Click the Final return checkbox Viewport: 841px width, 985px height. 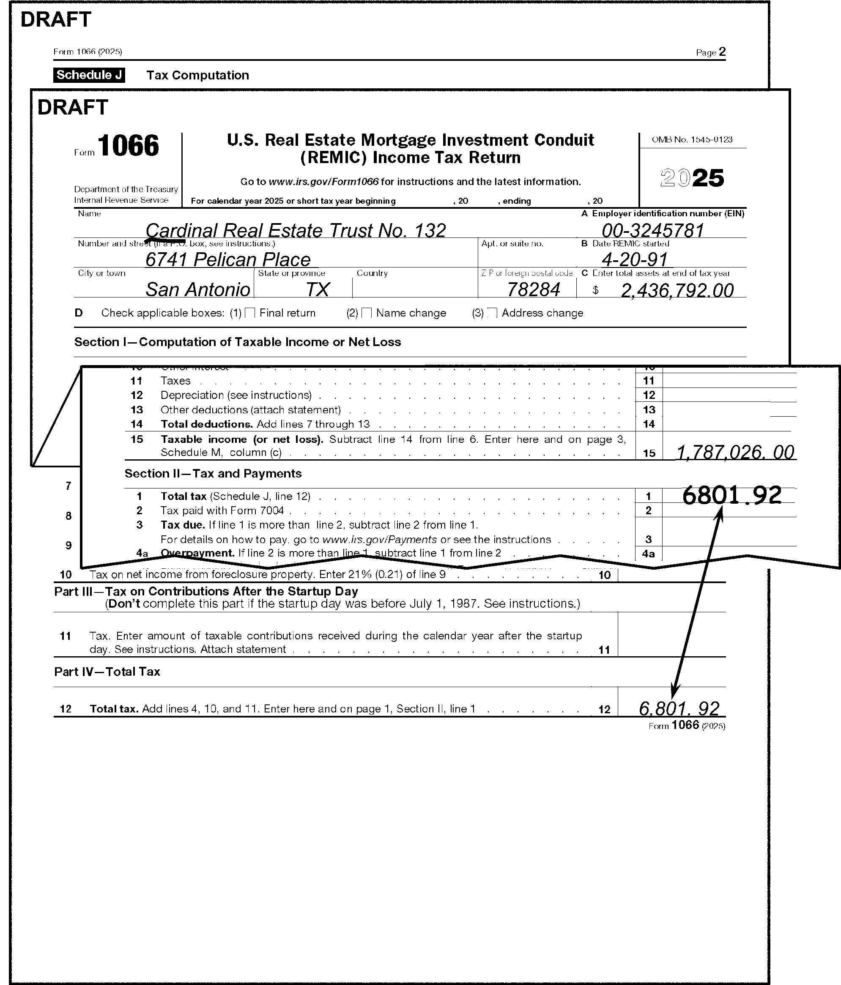pos(250,313)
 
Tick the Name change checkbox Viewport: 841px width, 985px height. pos(366,313)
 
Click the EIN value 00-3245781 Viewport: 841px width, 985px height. pos(653,231)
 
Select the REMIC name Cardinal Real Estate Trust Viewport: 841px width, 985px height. pos(296,231)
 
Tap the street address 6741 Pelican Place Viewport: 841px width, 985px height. pos(228,259)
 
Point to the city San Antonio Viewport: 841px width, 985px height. pos(197,289)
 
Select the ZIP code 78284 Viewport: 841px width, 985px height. pos(533,289)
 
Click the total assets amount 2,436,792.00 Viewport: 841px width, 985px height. pos(677,290)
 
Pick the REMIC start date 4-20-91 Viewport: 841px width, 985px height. pos(635,259)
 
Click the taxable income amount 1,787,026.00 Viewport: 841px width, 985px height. pos(735,452)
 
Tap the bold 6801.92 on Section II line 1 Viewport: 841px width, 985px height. pos(731,495)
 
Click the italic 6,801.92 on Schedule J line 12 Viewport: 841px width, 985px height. pos(679,708)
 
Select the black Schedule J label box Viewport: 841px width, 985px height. pos(89,75)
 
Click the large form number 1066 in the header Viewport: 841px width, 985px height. pos(129,145)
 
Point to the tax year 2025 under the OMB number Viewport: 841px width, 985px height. pos(692,178)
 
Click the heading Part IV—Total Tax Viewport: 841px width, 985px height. pos(107,671)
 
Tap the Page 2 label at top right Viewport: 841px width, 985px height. pos(711,52)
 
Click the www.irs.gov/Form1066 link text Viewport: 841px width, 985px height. pos(323,182)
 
